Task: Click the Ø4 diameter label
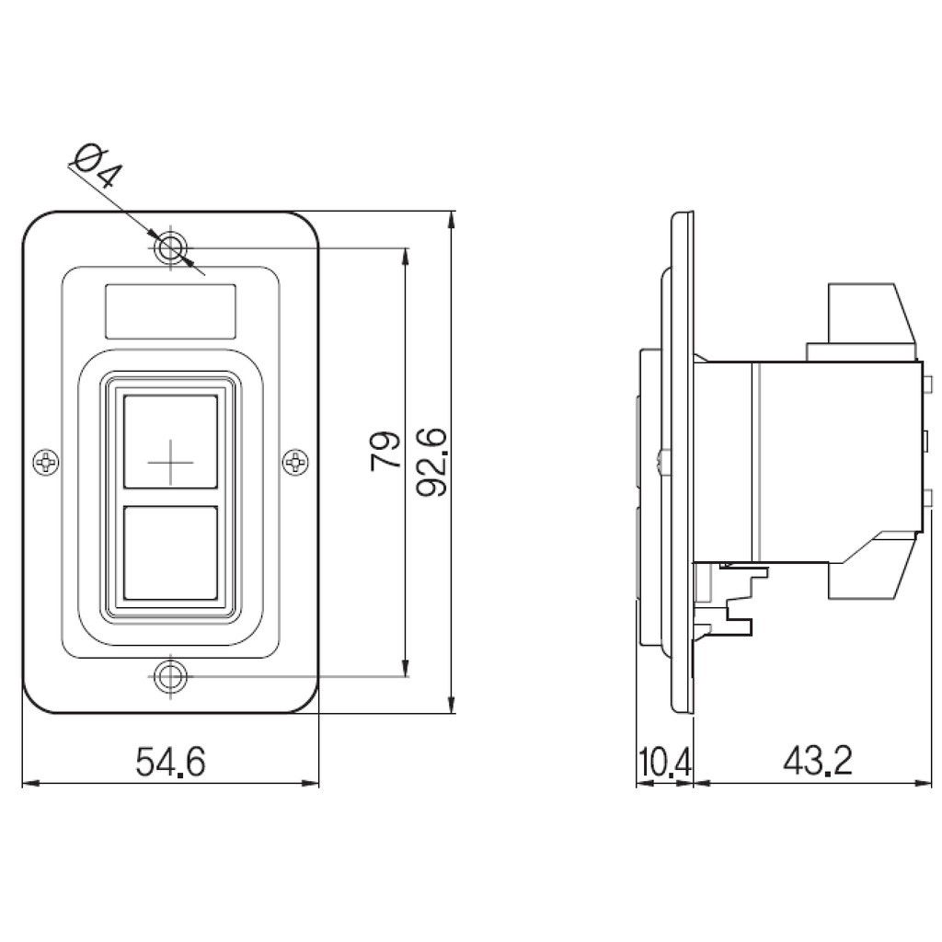[x=98, y=166]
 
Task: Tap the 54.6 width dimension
[x=170, y=761]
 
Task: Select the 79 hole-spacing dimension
[x=385, y=451]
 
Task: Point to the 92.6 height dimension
[x=432, y=462]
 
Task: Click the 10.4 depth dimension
[x=664, y=762]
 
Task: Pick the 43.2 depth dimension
[x=818, y=761]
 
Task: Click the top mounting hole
[x=170, y=247]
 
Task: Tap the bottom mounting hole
[x=170, y=676]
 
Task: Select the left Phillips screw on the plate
[x=46, y=462]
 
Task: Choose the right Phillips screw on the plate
[x=295, y=462]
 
